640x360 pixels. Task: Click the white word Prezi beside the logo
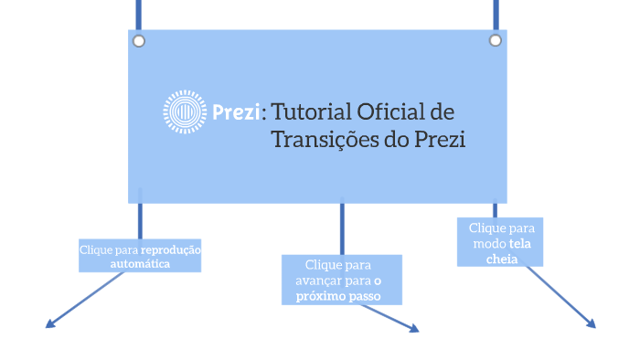[235, 113]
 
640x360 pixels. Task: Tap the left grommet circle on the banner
[139, 41]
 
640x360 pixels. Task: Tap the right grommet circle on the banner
[495, 40]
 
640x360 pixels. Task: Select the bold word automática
[140, 263]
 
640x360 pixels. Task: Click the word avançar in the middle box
[320, 281]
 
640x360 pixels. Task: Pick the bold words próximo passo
[337, 297]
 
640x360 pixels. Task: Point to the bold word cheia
[501, 259]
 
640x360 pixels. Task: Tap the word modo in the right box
[488, 244]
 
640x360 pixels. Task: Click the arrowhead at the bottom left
[49, 323]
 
